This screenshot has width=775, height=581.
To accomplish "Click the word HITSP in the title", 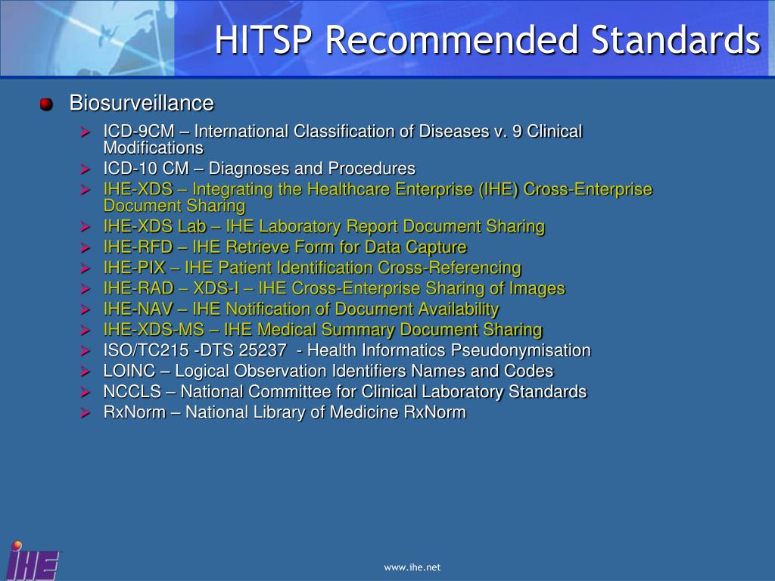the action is [263, 40].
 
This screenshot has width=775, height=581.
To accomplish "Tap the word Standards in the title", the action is [676, 40].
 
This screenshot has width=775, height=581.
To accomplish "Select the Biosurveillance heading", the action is [142, 103].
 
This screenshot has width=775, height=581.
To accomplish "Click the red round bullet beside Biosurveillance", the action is [46, 104].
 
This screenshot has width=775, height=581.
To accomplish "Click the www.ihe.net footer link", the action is [412, 567].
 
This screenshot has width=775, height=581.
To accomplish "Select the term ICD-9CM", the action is [139, 132].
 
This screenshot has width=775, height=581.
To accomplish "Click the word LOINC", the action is [129, 371].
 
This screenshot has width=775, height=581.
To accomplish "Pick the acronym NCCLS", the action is [132, 392].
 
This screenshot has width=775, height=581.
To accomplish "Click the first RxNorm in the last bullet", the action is [135, 412].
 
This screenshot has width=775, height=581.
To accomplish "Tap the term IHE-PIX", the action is [134, 268].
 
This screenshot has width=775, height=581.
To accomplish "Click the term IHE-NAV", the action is [138, 309].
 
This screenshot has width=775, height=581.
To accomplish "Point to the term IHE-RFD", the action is [138, 247].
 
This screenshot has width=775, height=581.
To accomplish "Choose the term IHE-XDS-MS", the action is [154, 330].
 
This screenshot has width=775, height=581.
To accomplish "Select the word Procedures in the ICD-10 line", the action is [372, 169].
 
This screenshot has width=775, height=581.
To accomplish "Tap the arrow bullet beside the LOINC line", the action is [86, 372].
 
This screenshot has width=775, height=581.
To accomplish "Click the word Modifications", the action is [153, 148].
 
